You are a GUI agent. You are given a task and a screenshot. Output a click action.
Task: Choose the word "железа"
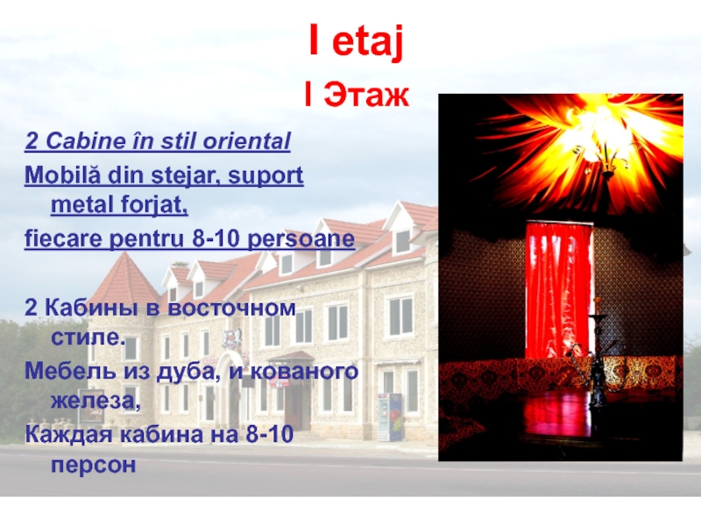(96, 402)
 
